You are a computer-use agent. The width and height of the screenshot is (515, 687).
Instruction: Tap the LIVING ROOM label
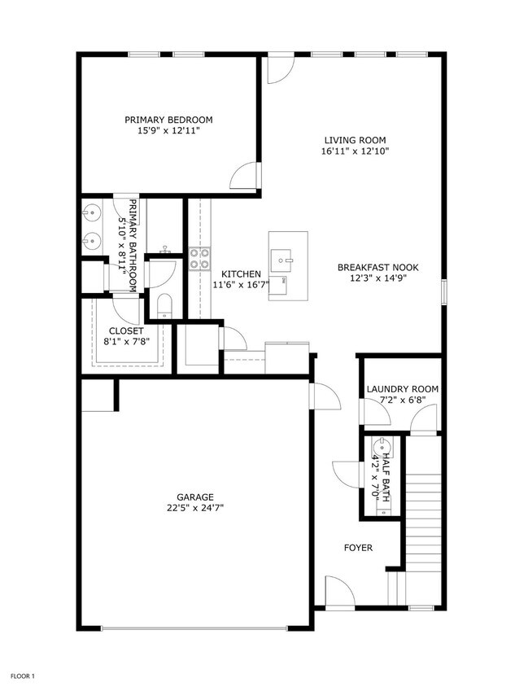355,140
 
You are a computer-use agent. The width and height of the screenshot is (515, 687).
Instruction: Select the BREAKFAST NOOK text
372,267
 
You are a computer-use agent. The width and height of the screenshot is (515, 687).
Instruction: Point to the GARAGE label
195,497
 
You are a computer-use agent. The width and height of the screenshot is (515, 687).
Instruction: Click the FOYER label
358,548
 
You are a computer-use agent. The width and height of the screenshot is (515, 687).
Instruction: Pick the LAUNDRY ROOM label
402,389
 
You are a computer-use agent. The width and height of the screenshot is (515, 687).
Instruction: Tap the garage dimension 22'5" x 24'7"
195,508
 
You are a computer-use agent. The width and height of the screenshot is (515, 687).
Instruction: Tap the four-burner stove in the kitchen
199,258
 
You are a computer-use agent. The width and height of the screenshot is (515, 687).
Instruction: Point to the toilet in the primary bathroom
164,305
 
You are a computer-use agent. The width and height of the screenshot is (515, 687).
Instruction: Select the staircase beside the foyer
423,521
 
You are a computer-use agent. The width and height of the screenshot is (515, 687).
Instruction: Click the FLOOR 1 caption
22,676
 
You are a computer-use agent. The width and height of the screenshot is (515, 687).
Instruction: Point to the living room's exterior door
279,69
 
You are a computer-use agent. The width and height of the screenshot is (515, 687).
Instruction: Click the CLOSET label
126,331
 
